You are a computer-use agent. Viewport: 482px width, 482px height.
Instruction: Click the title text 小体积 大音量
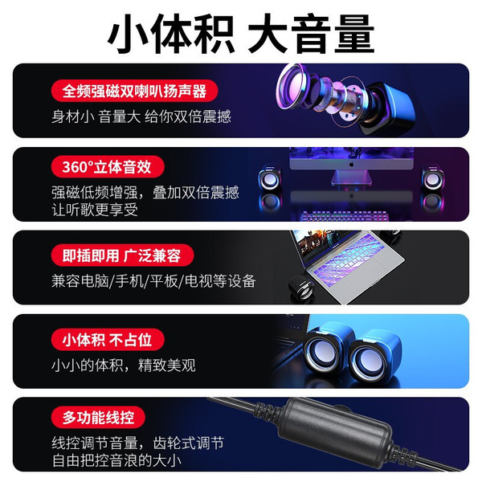coord(241,35)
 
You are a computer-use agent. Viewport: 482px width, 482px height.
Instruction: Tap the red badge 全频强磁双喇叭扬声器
coord(135,91)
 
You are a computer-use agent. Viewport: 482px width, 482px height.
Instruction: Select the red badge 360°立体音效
coord(108,166)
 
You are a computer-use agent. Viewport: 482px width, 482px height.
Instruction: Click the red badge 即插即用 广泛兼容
coord(122,255)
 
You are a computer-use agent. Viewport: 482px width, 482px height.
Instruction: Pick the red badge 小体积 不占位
coord(108,340)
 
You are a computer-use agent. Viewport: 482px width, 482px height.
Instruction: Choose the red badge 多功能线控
coord(98,418)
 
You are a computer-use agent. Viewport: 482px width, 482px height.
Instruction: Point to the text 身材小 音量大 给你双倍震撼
coord(141,116)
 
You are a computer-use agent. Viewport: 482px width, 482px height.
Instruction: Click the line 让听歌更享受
coord(95,210)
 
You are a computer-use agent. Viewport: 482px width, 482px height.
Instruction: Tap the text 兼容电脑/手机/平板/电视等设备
coord(153,281)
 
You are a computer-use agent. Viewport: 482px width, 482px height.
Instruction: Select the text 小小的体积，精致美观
coord(124,366)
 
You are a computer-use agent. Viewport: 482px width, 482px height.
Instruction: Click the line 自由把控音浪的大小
coord(116,460)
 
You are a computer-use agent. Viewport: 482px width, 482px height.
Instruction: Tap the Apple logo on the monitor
coord(351,165)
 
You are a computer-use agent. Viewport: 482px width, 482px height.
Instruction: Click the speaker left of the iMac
coord(270,178)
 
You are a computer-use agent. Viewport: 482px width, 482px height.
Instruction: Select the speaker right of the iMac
coord(433,178)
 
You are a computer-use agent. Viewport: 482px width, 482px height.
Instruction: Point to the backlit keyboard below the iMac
coord(345,216)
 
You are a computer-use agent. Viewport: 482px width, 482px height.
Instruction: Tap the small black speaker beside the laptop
coord(302,287)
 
